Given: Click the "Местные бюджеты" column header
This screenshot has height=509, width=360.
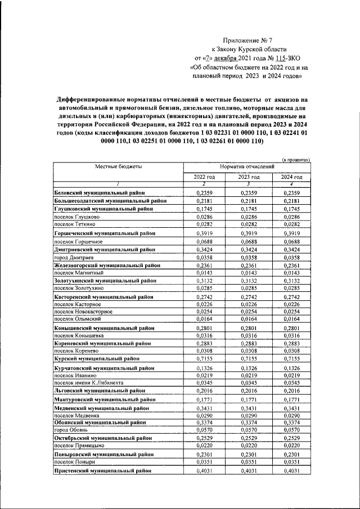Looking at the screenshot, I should pyautogui.click(x=118, y=167).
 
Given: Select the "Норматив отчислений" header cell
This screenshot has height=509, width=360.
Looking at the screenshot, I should pyautogui.click(x=247, y=167).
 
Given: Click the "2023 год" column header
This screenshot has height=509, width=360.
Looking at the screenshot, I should pyautogui.click(x=247, y=177).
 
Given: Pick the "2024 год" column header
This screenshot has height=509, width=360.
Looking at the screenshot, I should pyautogui.click(x=291, y=177).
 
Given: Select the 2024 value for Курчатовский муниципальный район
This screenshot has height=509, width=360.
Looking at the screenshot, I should pyautogui.click(x=291, y=367).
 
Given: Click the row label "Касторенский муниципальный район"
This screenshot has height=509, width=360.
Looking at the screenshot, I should pyautogui.click(x=103, y=296).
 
